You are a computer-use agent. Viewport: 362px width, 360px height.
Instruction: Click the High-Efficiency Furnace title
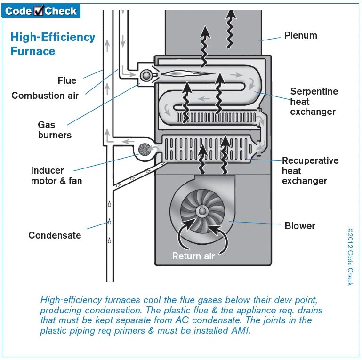point(52,44)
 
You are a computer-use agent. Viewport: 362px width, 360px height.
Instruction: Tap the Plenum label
point(300,35)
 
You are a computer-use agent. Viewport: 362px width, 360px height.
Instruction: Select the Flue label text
point(67,80)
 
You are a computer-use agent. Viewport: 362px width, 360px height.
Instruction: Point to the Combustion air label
point(45,96)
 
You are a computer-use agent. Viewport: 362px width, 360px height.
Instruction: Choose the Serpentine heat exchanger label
point(314,101)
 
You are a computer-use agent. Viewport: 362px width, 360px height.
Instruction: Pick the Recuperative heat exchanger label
point(310,170)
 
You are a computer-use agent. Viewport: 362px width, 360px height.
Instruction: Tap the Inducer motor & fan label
point(56,176)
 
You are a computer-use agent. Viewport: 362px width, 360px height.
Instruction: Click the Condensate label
point(55,235)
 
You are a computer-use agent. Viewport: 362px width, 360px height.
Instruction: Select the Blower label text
point(300,226)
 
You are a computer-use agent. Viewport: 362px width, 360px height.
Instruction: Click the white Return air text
point(193,256)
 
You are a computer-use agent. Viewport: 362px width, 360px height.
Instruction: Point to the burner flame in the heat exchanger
point(181,74)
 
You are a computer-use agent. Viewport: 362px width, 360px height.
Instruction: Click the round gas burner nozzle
point(146,74)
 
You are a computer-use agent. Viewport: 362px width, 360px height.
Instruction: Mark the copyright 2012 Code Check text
point(350,256)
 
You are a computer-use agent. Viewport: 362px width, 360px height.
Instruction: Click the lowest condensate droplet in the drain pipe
point(109,240)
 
